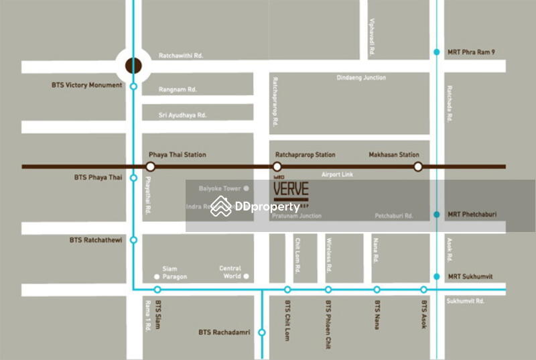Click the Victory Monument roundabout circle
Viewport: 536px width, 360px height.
pos(133,66)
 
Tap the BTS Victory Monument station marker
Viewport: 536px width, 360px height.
pos(133,86)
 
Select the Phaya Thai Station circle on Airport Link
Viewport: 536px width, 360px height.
pos(151,166)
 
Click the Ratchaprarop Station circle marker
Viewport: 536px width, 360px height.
pos(277,166)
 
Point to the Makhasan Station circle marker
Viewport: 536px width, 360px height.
pos(417,166)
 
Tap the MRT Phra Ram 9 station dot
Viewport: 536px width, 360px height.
pos(436,52)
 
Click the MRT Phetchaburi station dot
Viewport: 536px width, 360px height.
pos(436,215)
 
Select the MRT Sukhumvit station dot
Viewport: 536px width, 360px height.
pos(436,276)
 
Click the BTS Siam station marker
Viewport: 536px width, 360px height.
pos(157,290)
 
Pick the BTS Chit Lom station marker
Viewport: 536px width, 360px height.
pos(287,290)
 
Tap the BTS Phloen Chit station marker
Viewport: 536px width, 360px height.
pos(328,290)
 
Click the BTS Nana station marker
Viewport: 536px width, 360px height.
pos(377,290)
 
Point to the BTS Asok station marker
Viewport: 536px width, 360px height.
pos(423,290)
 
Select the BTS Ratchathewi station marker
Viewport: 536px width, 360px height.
pos(133,239)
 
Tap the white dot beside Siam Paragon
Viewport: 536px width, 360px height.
pos(157,276)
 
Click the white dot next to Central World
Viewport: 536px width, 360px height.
pos(246,276)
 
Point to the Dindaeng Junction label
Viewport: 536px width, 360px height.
pos(360,78)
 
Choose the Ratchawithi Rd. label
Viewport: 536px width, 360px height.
pos(180,56)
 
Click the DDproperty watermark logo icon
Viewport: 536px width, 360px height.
pos(221,206)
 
